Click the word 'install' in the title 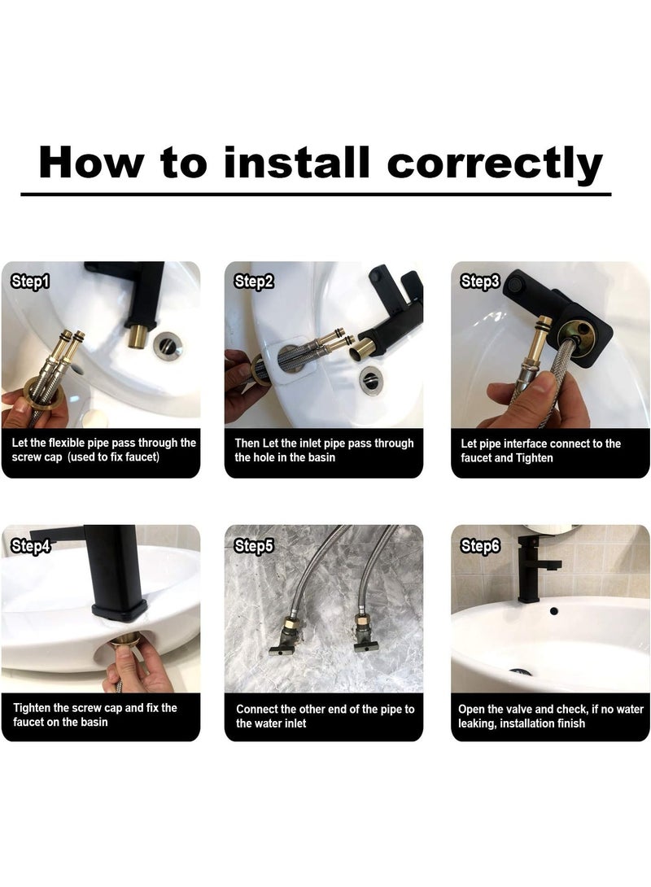coord(296,163)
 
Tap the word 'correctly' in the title coord(495,165)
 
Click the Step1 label coord(31,281)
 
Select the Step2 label coord(254,281)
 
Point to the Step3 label coord(480,281)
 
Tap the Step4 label coord(31,545)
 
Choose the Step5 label coord(254,545)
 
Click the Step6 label coord(480,545)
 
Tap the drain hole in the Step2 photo coord(370,378)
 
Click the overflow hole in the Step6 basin coord(553,611)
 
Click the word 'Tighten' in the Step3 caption coord(535,457)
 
